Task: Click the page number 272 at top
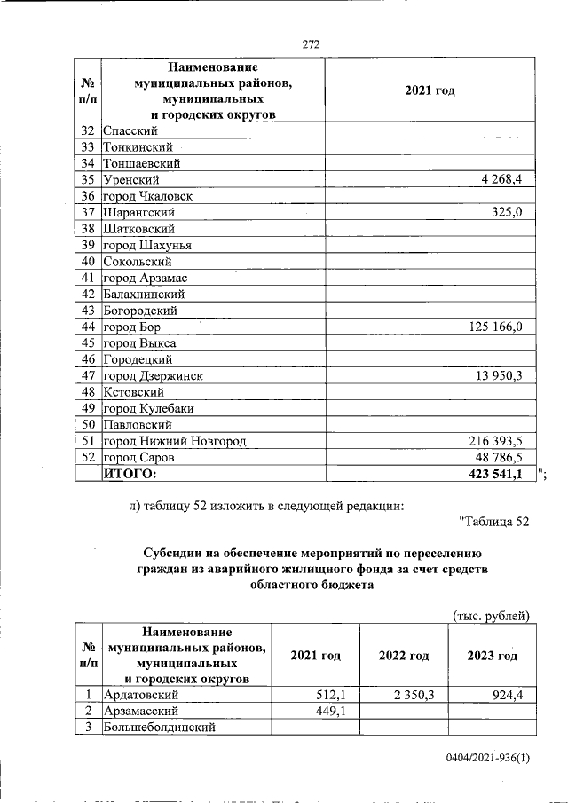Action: click(x=310, y=44)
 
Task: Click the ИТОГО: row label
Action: click(x=130, y=474)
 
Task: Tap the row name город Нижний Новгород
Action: click(x=174, y=441)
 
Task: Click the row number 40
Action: click(x=87, y=262)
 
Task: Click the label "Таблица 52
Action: click(x=494, y=521)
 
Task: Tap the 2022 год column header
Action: click(x=404, y=656)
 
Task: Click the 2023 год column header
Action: click(x=492, y=656)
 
